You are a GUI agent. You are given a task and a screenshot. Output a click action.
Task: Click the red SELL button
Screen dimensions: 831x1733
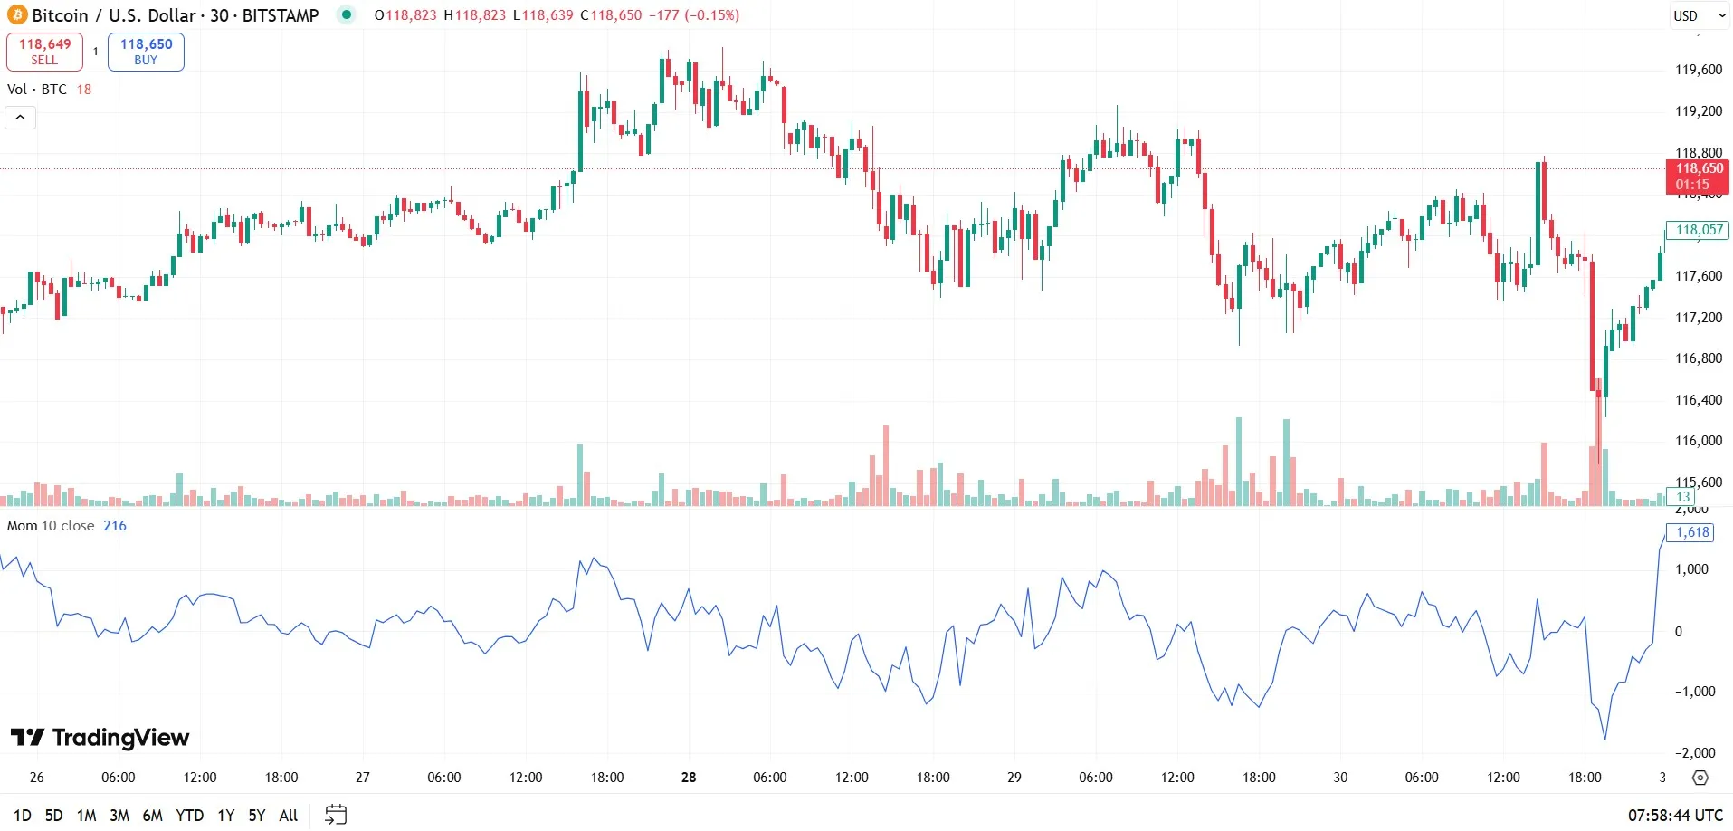point(44,52)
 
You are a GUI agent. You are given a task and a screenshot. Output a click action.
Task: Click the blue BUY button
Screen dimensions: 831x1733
point(146,52)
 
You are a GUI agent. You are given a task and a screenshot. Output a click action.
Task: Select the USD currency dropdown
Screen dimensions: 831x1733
point(1699,15)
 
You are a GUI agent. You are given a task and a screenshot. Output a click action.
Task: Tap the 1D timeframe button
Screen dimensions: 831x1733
point(23,816)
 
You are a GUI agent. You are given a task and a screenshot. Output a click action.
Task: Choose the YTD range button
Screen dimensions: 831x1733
point(189,816)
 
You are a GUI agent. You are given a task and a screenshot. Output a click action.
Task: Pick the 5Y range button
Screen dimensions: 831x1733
point(257,816)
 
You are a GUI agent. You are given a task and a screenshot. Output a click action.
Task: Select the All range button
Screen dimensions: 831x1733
point(289,816)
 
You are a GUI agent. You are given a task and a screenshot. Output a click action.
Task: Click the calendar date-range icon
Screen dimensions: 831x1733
point(336,815)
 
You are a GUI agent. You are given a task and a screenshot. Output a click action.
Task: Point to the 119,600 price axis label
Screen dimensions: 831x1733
point(1699,70)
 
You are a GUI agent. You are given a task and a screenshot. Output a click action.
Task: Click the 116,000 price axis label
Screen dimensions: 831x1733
point(1699,441)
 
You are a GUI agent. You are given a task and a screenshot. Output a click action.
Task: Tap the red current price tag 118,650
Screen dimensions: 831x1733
point(1698,176)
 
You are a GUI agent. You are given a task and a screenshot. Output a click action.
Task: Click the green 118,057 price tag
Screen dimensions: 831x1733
point(1698,230)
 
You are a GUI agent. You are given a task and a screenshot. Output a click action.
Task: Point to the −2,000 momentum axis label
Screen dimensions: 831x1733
point(1694,753)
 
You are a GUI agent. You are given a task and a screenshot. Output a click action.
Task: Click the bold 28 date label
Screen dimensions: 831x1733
point(689,778)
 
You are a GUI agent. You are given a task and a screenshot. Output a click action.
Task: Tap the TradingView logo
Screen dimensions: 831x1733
point(100,738)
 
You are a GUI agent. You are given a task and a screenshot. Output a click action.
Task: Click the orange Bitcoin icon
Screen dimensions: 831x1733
point(17,15)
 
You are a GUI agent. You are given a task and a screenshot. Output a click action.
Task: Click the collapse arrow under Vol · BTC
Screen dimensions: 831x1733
point(20,118)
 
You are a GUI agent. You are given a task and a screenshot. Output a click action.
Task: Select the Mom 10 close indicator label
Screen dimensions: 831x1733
point(51,526)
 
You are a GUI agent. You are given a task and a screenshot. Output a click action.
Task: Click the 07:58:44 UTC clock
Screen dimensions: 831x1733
point(1675,816)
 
